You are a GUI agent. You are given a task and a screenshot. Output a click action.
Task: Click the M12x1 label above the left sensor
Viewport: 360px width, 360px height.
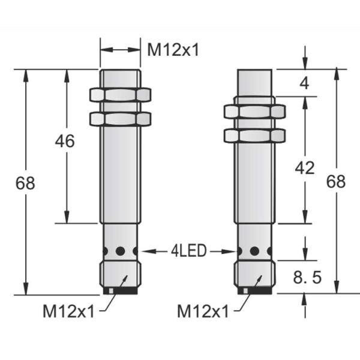(x=173, y=49)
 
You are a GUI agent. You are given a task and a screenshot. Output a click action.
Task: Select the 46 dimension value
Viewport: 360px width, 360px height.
(x=64, y=142)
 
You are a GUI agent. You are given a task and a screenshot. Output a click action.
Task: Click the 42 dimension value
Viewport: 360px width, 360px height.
(x=305, y=168)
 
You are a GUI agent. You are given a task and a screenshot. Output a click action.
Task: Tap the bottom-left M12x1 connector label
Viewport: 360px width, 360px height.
(x=68, y=311)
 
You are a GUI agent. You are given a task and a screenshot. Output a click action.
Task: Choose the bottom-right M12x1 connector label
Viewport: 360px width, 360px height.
(x=203, y=311)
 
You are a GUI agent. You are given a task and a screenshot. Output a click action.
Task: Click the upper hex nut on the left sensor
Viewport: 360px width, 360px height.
(x=119, y=94)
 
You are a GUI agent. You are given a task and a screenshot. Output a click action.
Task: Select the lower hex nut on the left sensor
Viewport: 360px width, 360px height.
(x=119, y=118)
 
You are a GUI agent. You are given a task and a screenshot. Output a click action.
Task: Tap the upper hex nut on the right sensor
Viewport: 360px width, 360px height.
(x=254, y=111)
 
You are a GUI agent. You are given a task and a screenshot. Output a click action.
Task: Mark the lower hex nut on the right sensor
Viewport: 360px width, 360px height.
(x=254, y=135)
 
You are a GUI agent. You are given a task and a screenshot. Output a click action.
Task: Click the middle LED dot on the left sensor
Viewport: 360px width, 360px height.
(x=121, y=251)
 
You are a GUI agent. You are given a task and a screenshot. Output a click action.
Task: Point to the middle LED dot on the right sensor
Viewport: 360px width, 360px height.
(x=254, y=251)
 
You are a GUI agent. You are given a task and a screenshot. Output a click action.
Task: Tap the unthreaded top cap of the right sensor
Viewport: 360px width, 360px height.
(x=256, y=82)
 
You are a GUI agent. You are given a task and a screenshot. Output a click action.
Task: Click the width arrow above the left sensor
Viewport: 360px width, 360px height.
(x=119, y=50)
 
